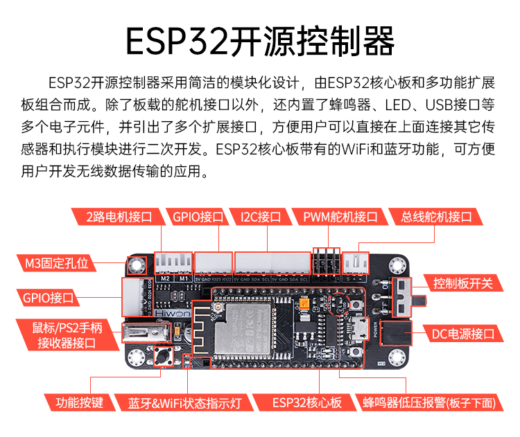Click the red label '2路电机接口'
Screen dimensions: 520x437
119,217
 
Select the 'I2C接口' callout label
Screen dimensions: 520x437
260,217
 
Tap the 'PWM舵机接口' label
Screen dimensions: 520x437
340,217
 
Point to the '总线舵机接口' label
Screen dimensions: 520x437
435,217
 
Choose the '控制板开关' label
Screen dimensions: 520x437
463,283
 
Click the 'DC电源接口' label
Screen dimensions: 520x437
464,334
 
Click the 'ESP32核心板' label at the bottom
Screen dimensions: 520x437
306,402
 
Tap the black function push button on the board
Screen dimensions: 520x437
165,358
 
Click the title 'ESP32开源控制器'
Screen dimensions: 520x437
260,41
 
